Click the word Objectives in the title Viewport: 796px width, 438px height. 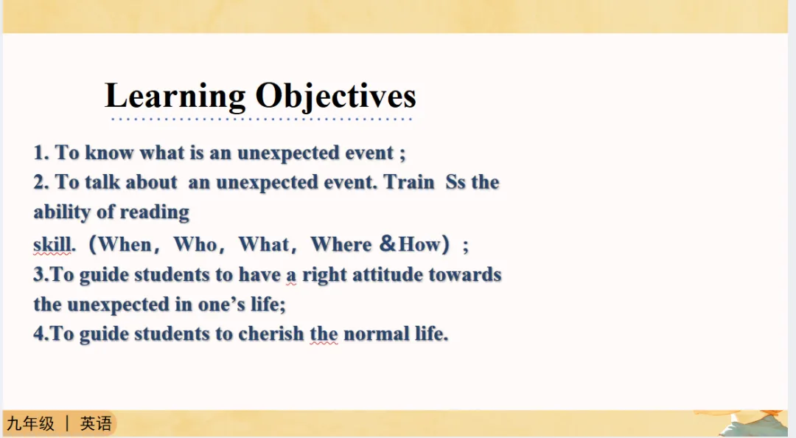pyautogui.click(x=335, y=96)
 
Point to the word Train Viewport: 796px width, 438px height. pyautogui.click(x=409, y=182)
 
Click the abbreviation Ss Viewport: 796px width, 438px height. pyautogui.click(x=455, y=182)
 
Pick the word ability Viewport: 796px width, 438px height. pyautogui.click(x=61, y=212)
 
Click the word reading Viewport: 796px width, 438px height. pyautogui.click(x=154, y=212)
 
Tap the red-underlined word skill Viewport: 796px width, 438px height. pyautogui.click(x=52, y=244)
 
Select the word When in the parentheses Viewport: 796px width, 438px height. pyautogui.click(x=125, y=244)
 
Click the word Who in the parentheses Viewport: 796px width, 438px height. pyautogui.click(x=195, y=244)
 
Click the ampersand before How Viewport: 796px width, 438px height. pyautogui.click(x=388, y=243)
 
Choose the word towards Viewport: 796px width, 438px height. pyautogui.click(x=465, y=274)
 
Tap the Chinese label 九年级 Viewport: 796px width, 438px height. pyautogui.click(x=30, y=423)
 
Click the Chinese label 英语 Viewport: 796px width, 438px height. pyautogui.click(x=96, y=423)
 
